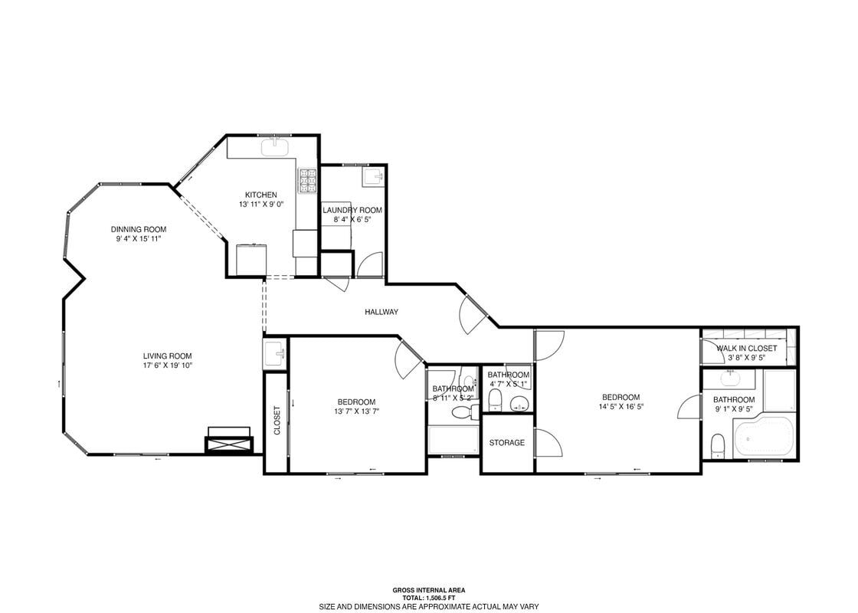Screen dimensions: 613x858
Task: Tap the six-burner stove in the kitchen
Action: pos(307,180)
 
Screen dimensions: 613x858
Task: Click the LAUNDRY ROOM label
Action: pos(352,210)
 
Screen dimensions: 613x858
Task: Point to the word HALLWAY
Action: pos(381,312)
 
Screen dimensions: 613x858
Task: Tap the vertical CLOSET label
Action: pos(277,421)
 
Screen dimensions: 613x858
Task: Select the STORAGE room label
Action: pos(507,443)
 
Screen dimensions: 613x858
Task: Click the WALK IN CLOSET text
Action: pos(746,348)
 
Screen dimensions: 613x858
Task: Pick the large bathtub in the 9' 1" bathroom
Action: pos(763,437)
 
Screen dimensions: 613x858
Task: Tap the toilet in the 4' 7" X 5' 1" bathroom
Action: pos(496,398)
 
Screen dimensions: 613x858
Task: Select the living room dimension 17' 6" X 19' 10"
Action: pos(167,366)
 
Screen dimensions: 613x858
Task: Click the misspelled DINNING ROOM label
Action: pos(139,229)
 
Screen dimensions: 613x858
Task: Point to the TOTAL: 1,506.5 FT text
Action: pos(428,598)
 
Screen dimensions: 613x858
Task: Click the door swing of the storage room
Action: pos(548,443)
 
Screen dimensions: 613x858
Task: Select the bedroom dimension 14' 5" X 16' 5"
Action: pos(621,407)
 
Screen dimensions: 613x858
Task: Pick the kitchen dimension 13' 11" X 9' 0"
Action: pos(260,205)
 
